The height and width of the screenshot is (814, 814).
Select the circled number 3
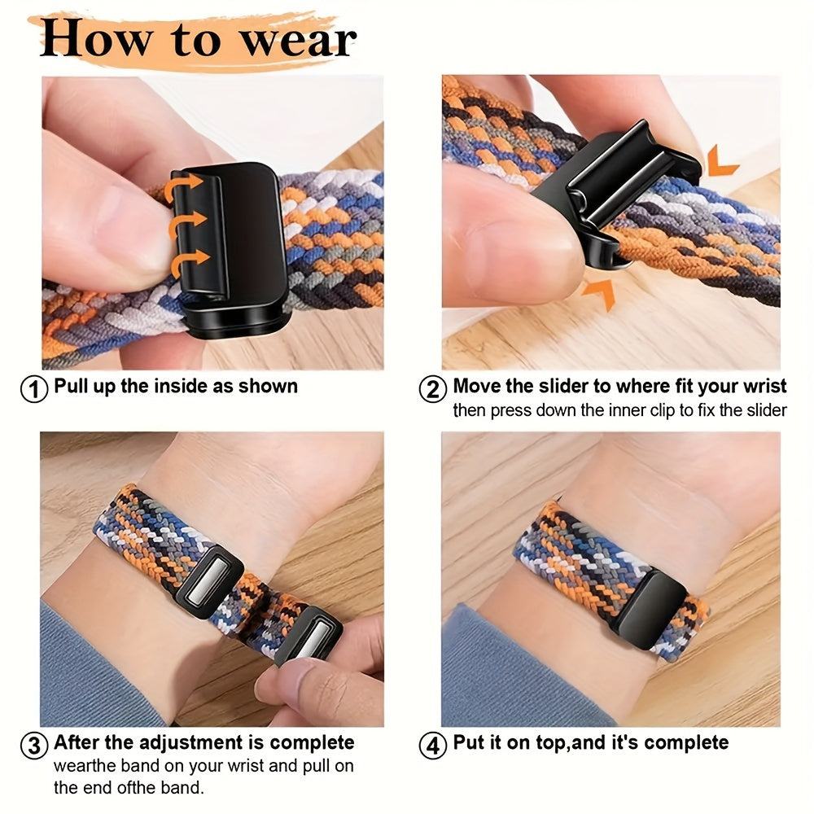[33, 745]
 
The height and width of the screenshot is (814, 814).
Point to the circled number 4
[432, 745]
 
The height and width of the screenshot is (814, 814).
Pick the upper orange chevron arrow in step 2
[721, 160]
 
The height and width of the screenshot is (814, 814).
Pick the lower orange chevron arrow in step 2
[600, 294]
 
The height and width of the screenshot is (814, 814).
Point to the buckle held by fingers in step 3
[307, 632]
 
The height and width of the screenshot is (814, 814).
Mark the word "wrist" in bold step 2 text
[759, 386]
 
